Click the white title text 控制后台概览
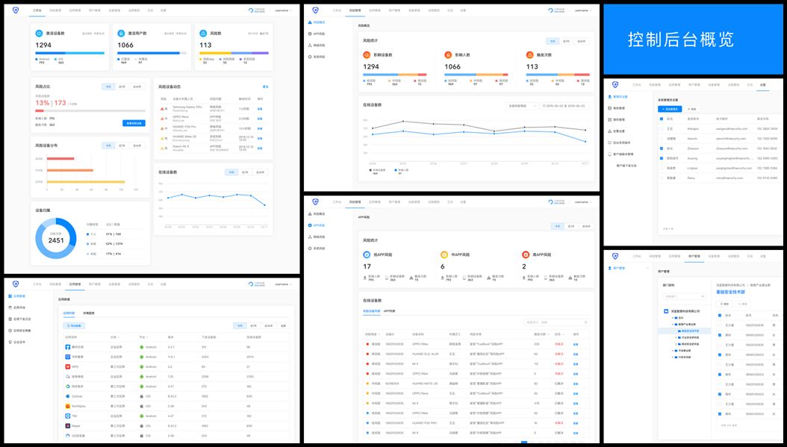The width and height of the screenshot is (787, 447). tap(680, 39)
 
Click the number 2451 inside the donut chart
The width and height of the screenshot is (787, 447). tap(57, 240)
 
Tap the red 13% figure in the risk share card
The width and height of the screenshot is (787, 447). tap(43, 103)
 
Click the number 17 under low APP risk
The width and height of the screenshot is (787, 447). tap(367, 266)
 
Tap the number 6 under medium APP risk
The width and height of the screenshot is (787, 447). tap(443, 266)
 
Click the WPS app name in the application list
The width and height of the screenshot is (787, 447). tap(75, 366)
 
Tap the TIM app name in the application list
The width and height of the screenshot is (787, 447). tap(75, 416)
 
